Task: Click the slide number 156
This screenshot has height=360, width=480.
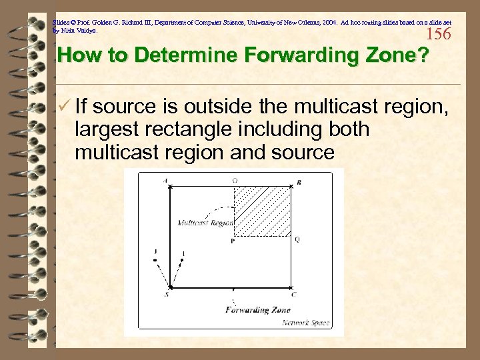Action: tap(438, 34)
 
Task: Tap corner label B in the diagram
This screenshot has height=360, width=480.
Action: tap(298, 182)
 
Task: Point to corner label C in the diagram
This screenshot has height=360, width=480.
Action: tap(293, 294)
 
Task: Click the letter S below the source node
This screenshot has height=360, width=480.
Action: tap(166, 294)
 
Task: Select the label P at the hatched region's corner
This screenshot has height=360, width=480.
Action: tap(232, 241)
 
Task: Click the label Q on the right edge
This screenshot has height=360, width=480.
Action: tap(297, 239)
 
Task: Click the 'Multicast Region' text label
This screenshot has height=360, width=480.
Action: tap(205, 223)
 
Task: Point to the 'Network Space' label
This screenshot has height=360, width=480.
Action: tap(305, 323)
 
